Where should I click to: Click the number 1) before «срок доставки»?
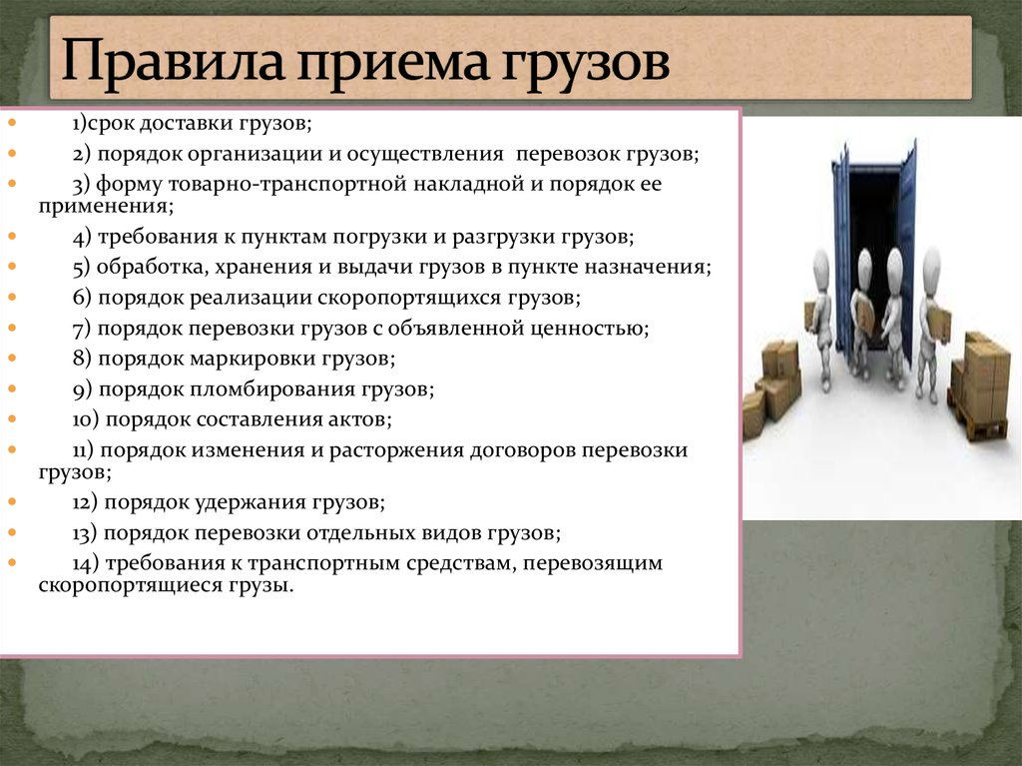[80, 123]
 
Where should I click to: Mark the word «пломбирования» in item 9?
[272, 389]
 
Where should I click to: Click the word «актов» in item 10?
[357, 419]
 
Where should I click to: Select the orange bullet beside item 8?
[12, 358]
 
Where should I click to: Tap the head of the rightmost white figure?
[932, 264]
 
